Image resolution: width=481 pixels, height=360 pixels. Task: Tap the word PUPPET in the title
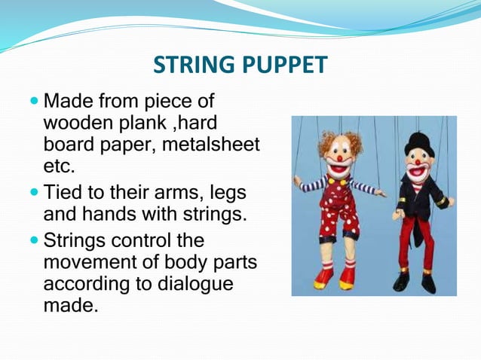click(283, 66)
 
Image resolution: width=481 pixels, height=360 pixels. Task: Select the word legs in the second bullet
click(226, 193)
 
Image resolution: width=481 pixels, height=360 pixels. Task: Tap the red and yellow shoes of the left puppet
click(335, 278)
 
